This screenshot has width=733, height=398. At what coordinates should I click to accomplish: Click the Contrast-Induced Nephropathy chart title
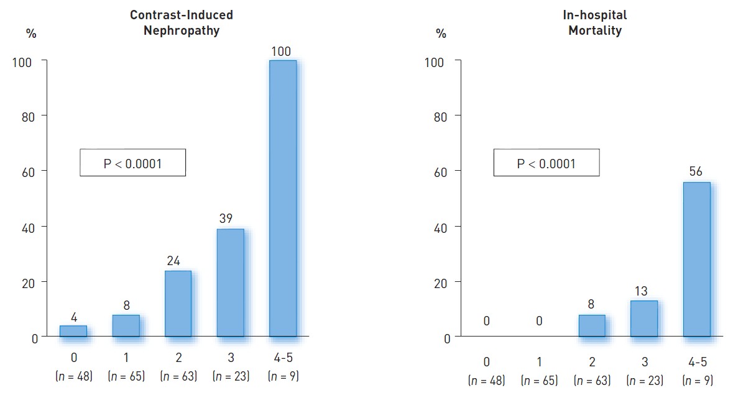pos(182,23)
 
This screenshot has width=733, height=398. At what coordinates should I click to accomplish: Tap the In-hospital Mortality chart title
pos(595,23)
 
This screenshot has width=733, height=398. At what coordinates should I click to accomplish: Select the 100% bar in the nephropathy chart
pos(282,199)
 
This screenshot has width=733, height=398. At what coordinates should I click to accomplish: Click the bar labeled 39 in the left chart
pos(230,283)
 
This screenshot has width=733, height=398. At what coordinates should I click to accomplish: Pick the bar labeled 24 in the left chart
pos(178,304)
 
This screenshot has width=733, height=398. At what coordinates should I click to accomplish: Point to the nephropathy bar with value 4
pos(73,331)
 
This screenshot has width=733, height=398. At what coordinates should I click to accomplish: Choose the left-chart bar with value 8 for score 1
pos(126,326)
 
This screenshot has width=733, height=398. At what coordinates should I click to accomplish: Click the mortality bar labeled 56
pos(696,260)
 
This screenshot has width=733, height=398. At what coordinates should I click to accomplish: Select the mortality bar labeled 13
pos(644,319)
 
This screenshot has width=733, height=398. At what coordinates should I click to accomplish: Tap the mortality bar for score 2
pos(592,326)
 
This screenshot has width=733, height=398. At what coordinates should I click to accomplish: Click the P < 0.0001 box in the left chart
pos(132,163)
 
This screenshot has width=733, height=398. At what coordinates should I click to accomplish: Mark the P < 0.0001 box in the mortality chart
pos(546,163)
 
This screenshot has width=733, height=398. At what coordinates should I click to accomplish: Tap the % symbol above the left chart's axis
pos(31,34)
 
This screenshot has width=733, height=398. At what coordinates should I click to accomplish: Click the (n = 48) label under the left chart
pos(73,376)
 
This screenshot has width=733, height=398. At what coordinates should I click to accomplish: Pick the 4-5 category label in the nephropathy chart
pos(282,358)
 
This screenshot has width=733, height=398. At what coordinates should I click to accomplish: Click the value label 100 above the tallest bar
pos(282,52)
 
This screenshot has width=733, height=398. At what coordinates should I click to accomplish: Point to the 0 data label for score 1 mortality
pos(539,321)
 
